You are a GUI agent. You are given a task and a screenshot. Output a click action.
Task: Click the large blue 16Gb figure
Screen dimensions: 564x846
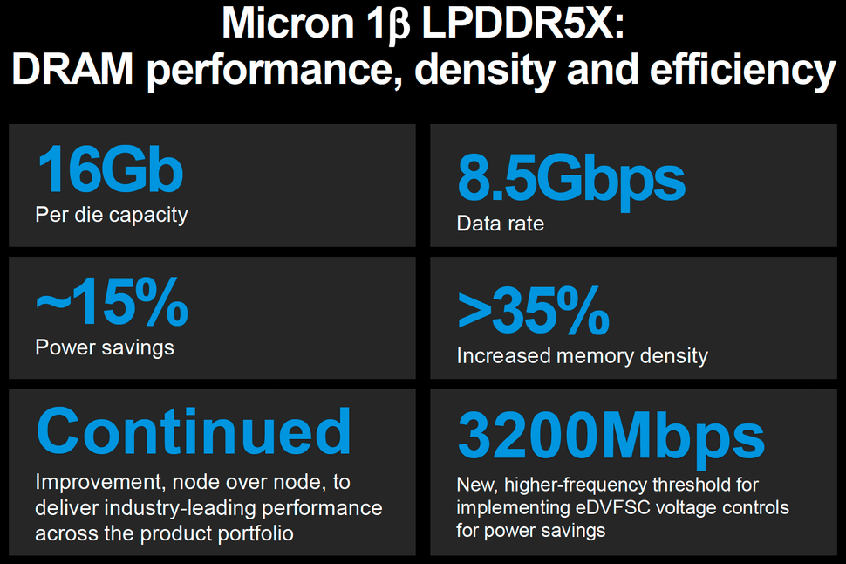109,170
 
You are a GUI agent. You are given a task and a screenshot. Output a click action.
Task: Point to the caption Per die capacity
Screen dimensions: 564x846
111,214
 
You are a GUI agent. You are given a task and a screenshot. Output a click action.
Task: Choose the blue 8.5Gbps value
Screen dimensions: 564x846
570,179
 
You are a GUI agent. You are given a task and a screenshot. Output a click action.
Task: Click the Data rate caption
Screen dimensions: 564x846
500,224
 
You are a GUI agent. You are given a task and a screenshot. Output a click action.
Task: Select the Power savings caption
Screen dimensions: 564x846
104,347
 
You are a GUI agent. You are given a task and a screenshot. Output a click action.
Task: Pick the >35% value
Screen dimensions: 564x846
532,312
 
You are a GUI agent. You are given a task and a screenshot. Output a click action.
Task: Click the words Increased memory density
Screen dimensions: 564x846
582,356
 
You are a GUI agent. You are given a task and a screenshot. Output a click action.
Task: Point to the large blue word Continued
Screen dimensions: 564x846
194,432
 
